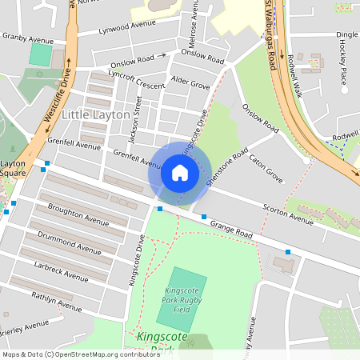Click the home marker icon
tap(180, 173)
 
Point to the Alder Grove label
tap(190, 83)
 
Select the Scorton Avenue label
tap(288, 212)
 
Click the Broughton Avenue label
tap(78, 219)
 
